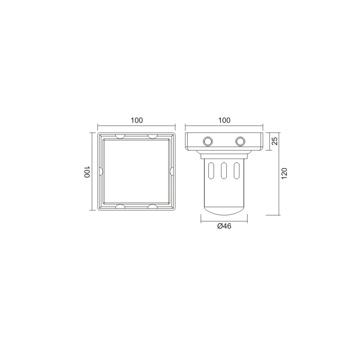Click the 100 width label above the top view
137,120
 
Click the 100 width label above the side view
224,120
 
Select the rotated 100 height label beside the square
86,171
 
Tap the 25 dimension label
274,141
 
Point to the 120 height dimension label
284,174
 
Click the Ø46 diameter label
224,226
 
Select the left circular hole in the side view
208,141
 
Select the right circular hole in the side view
240,141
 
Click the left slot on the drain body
211,171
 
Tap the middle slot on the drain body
224,171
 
